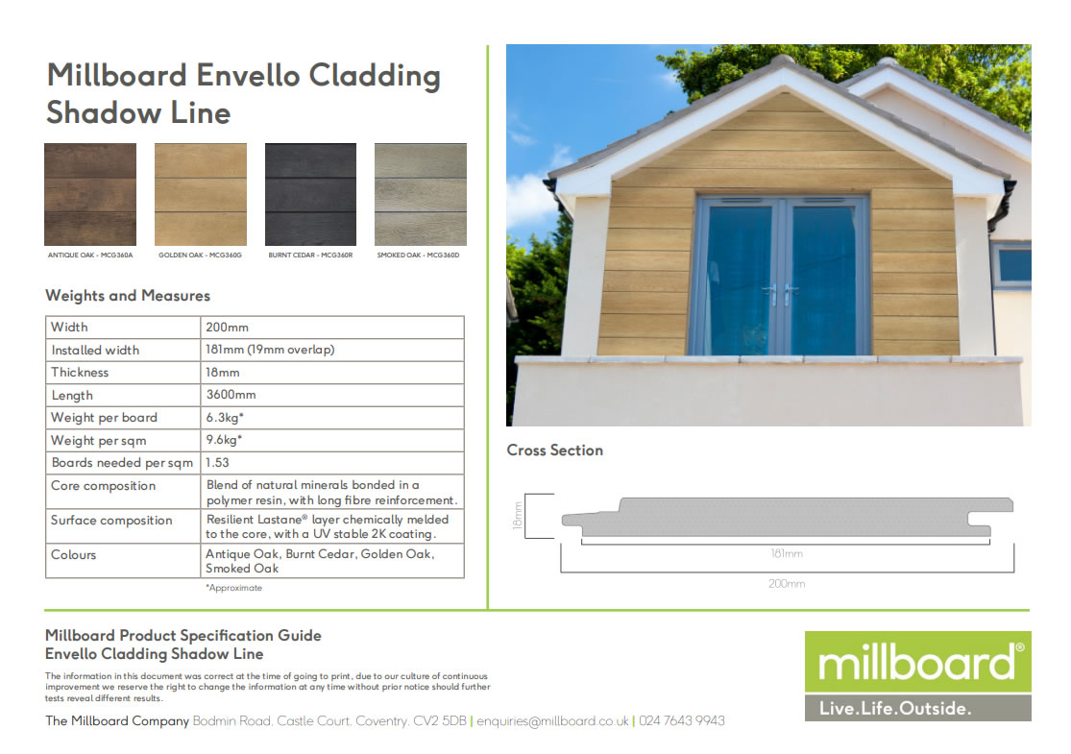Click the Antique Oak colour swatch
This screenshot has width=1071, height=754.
pyautogui.click(x=90, y=194)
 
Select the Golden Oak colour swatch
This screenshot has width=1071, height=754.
pyautogui.click(x=201, y=194)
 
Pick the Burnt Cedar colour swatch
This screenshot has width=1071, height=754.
pyautogui.click(x=310, y=194)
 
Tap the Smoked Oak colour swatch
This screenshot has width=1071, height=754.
pyautogui.click(x=421, y=194)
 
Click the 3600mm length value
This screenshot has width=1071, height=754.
pyautogui.click(x=231, y=395)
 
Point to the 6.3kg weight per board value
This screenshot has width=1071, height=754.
pyautogui.click(x=224, y=418)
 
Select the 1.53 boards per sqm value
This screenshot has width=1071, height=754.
pyautogui.click(x=217, y=463)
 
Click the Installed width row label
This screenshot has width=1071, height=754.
pyautogui.click(x=95, y=350)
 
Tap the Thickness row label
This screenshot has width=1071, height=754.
pyautogui.click(x=80, y=373)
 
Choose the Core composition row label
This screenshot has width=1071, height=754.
pyautogui.click(x=103, y=486)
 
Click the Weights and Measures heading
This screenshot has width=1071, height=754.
pyautogui.click(x=128, y=296)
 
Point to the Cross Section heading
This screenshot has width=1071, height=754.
pyautogui.click(x=555, y=450)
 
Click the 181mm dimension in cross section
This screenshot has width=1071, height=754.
pyautogui.click(x=786, y=553)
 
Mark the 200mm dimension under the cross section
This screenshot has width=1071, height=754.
pyautogui.click(x=786, y=583)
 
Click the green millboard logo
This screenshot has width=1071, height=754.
pyautogui.click(x=917, y=662)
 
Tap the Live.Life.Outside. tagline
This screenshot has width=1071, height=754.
pyautogui.click(x=894, y=709)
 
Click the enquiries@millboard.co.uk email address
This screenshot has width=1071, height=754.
pyautogui.click(x=552, y=720)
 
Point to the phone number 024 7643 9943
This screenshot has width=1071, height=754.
pyautogui.click(x=681, y=720)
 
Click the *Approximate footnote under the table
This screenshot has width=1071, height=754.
pyautogui.click(x=233, y=588)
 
